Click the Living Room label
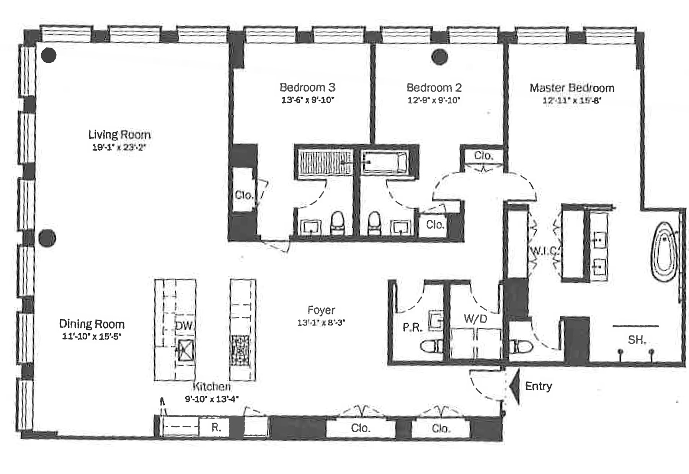(x=119, y=134)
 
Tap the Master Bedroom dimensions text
(x=572, y=101)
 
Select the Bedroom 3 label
(x=307, y=87)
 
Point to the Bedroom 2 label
(x=434, y=88)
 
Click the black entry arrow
(x=515, y=387)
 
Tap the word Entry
(x=539, y=386)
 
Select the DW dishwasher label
(x=184, y=326)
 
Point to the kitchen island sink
(x=185, y=350)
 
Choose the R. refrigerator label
(x=216, y=427)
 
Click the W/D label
(x=475, y=318)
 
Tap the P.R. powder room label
(x=412, y=327)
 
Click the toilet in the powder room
(x=431, y=347)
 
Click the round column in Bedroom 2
(x=439, y=57)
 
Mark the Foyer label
(x=321, y=310)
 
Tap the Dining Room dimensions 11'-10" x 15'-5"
(x=91, y=337)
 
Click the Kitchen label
(x=212, y=386)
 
